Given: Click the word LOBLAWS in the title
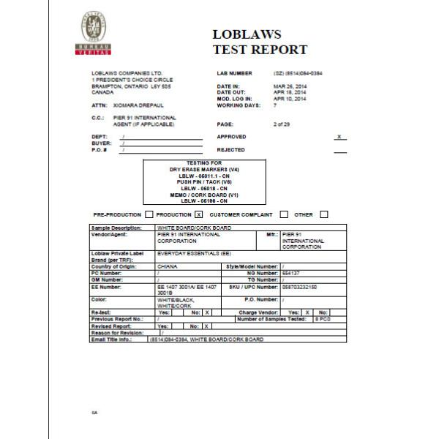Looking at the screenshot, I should (247, 34).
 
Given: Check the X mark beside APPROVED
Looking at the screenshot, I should (339, 137).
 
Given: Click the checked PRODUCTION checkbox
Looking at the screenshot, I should (198, 214).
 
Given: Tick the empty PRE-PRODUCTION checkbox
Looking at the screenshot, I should (149, 214).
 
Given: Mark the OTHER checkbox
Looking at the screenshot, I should (323, 214).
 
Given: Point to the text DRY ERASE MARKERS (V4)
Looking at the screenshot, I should (199, 169).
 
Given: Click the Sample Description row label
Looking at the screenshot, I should (115, 228).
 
